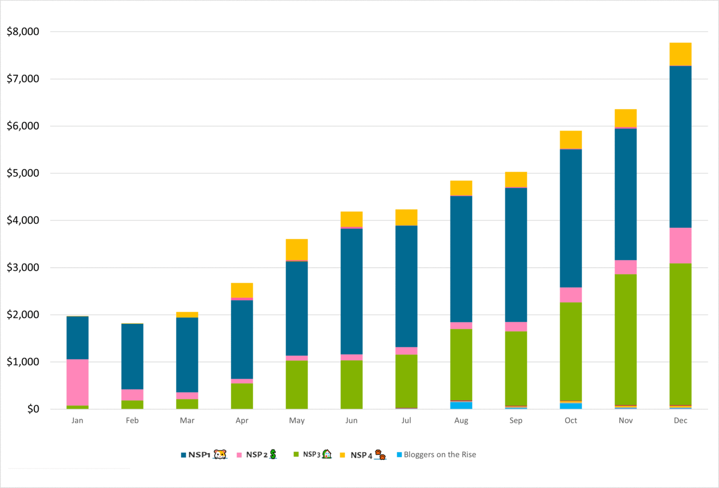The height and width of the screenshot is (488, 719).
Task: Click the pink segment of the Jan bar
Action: coord(77,382)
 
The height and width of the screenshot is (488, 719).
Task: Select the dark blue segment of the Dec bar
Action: coord(680,147)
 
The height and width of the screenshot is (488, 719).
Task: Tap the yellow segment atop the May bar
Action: coord(297,250)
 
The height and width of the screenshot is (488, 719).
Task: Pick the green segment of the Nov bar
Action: coord(626,339)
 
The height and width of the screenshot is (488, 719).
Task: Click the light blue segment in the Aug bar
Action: coord(461,405)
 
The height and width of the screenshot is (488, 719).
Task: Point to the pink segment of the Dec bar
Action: coord(680,245)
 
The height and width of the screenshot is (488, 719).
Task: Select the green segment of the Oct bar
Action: coord(571,351)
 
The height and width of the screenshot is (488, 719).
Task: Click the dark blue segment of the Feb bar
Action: coord(132,356)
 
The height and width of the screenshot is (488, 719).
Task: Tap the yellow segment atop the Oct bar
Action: coord(571,140)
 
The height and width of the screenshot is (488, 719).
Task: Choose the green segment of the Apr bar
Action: coord(242,396)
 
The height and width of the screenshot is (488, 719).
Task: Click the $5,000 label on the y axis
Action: coord(23,173)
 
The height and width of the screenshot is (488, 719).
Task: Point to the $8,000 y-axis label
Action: coord(23,31)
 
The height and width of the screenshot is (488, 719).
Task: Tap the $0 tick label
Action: coord(33,409)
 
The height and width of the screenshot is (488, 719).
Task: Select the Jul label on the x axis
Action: coord(406,420)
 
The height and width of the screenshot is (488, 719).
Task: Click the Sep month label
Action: coord(516,420)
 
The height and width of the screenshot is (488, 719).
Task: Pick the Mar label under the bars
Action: coord(187,420)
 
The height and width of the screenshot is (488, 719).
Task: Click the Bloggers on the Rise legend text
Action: coord(440,455)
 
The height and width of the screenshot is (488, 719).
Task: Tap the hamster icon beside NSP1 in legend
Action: coord(220,455)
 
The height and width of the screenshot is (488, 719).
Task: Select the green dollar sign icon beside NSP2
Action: coord(273,455)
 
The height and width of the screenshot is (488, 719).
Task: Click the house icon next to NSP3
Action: coord(327,454)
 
